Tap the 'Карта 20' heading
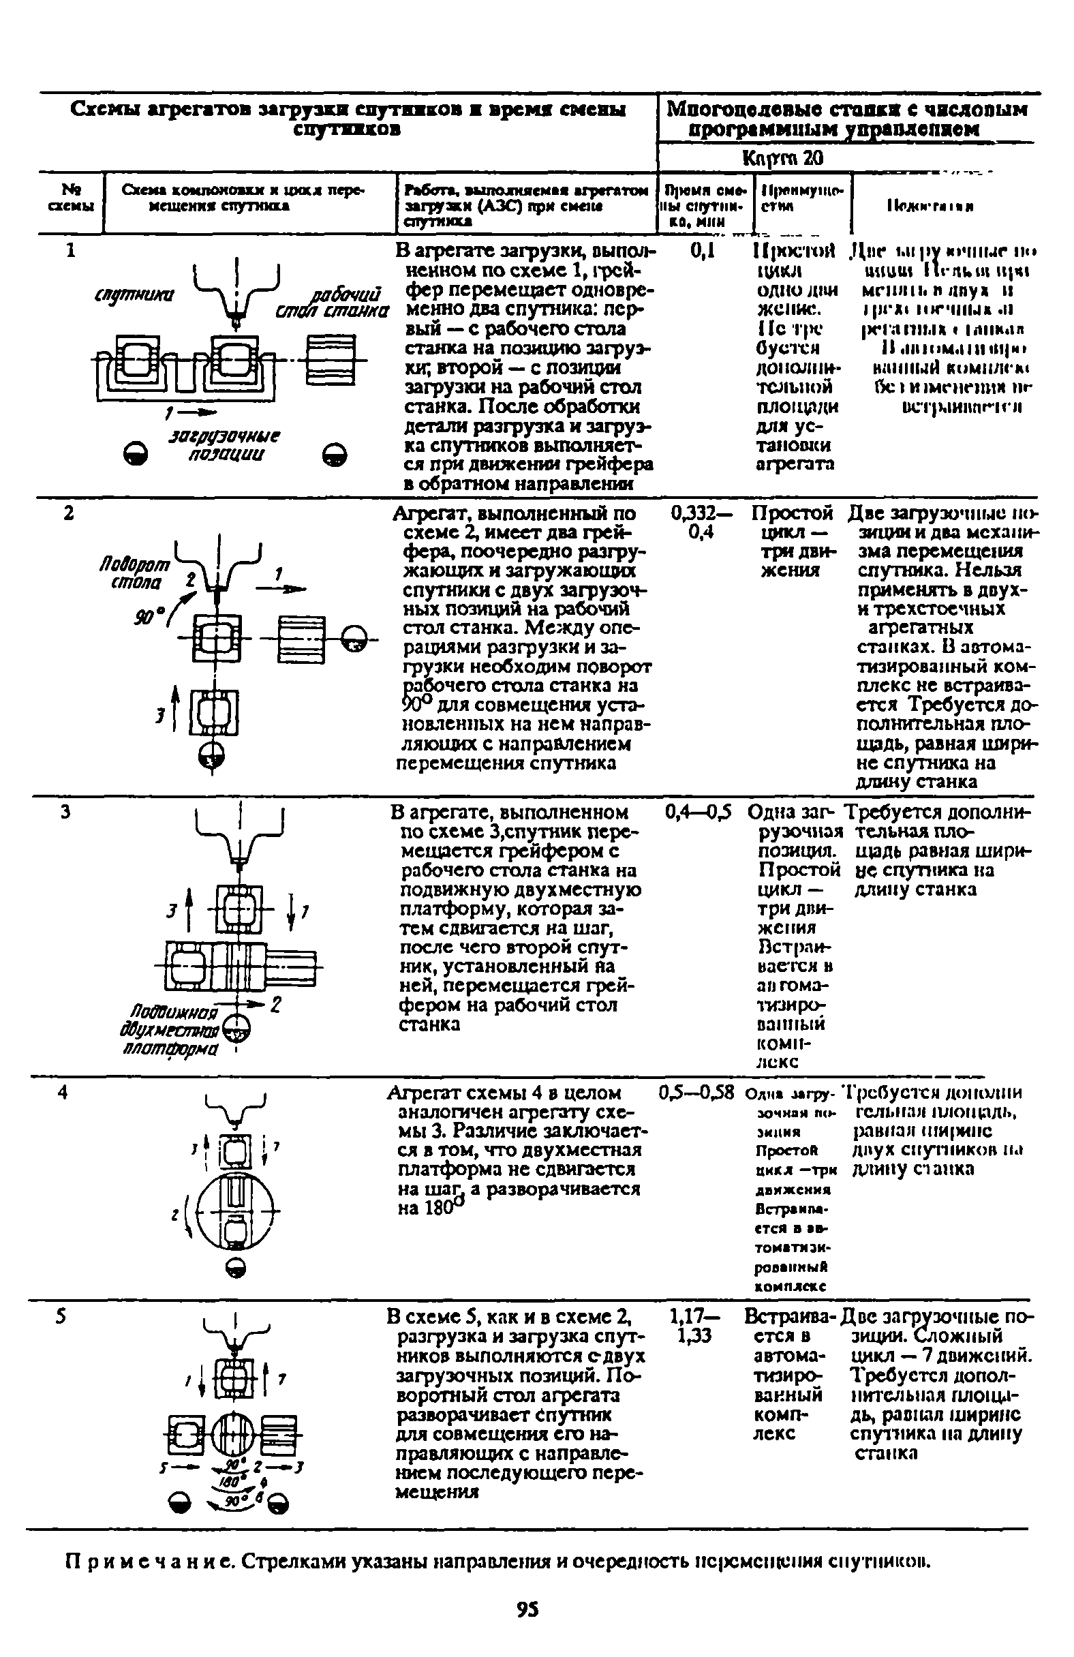[x=782, y=158]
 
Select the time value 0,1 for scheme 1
[x=704, y=250]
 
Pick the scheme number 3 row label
[x=65, y=812]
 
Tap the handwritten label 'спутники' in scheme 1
[x=134, y=295]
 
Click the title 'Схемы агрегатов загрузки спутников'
[x=348, y=119]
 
